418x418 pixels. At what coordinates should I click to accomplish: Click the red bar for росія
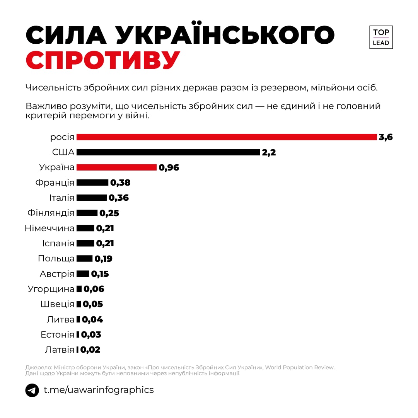(x=227, y=137)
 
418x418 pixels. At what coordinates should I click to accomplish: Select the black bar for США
(x=168, y=152)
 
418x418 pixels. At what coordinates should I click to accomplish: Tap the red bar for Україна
(x=116, y=167)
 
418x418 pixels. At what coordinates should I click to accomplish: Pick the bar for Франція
(x=92, y=183)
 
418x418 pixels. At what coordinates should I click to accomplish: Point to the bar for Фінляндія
(x=87, y=213)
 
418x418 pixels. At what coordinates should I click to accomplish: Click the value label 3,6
(x=386, y=137)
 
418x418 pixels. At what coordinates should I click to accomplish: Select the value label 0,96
(x=169, y=167)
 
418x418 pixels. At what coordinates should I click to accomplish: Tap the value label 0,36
(x=119, y=198)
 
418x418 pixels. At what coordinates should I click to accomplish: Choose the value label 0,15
(x=100, y=274)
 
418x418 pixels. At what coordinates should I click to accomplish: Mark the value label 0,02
(x=90, y=350)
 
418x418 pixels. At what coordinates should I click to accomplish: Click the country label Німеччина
(x=49, y=228)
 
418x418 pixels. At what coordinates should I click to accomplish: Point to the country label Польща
(x=56, y=259)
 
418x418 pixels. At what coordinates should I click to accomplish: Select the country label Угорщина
(x=51, y=289)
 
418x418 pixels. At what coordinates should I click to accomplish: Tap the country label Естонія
(x=57, y=335)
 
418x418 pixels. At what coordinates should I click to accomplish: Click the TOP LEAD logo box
(x=381, y=38)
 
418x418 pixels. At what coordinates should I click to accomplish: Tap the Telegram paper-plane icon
(x=32, y=390)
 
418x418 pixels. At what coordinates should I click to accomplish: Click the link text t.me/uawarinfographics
(x=99, y=390)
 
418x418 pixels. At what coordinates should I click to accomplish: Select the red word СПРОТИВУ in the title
(x=103, y=60)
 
